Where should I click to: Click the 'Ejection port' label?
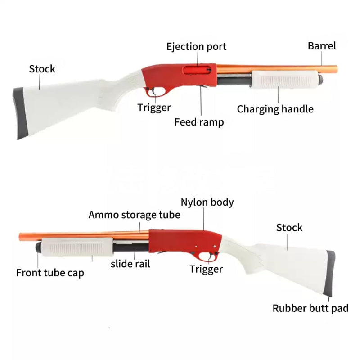(196, 46)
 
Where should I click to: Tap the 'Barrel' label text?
(322, 45)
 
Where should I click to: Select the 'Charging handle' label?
(275, 109)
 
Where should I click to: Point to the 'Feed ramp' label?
(199, 122)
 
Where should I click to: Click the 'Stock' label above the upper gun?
(42, 69)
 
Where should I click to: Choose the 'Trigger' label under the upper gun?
(154, 107)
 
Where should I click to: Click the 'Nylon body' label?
(207, 202)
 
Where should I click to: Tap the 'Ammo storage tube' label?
(134, 215)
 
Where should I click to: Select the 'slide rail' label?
(130, 264)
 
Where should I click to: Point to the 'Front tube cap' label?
(50, 273)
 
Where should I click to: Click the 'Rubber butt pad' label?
(310, 308)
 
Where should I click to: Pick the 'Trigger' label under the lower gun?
(206, 269)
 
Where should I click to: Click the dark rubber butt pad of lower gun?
(330, 272)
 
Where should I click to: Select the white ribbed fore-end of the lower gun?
(75, 248)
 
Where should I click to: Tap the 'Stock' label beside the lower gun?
(289, 228)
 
